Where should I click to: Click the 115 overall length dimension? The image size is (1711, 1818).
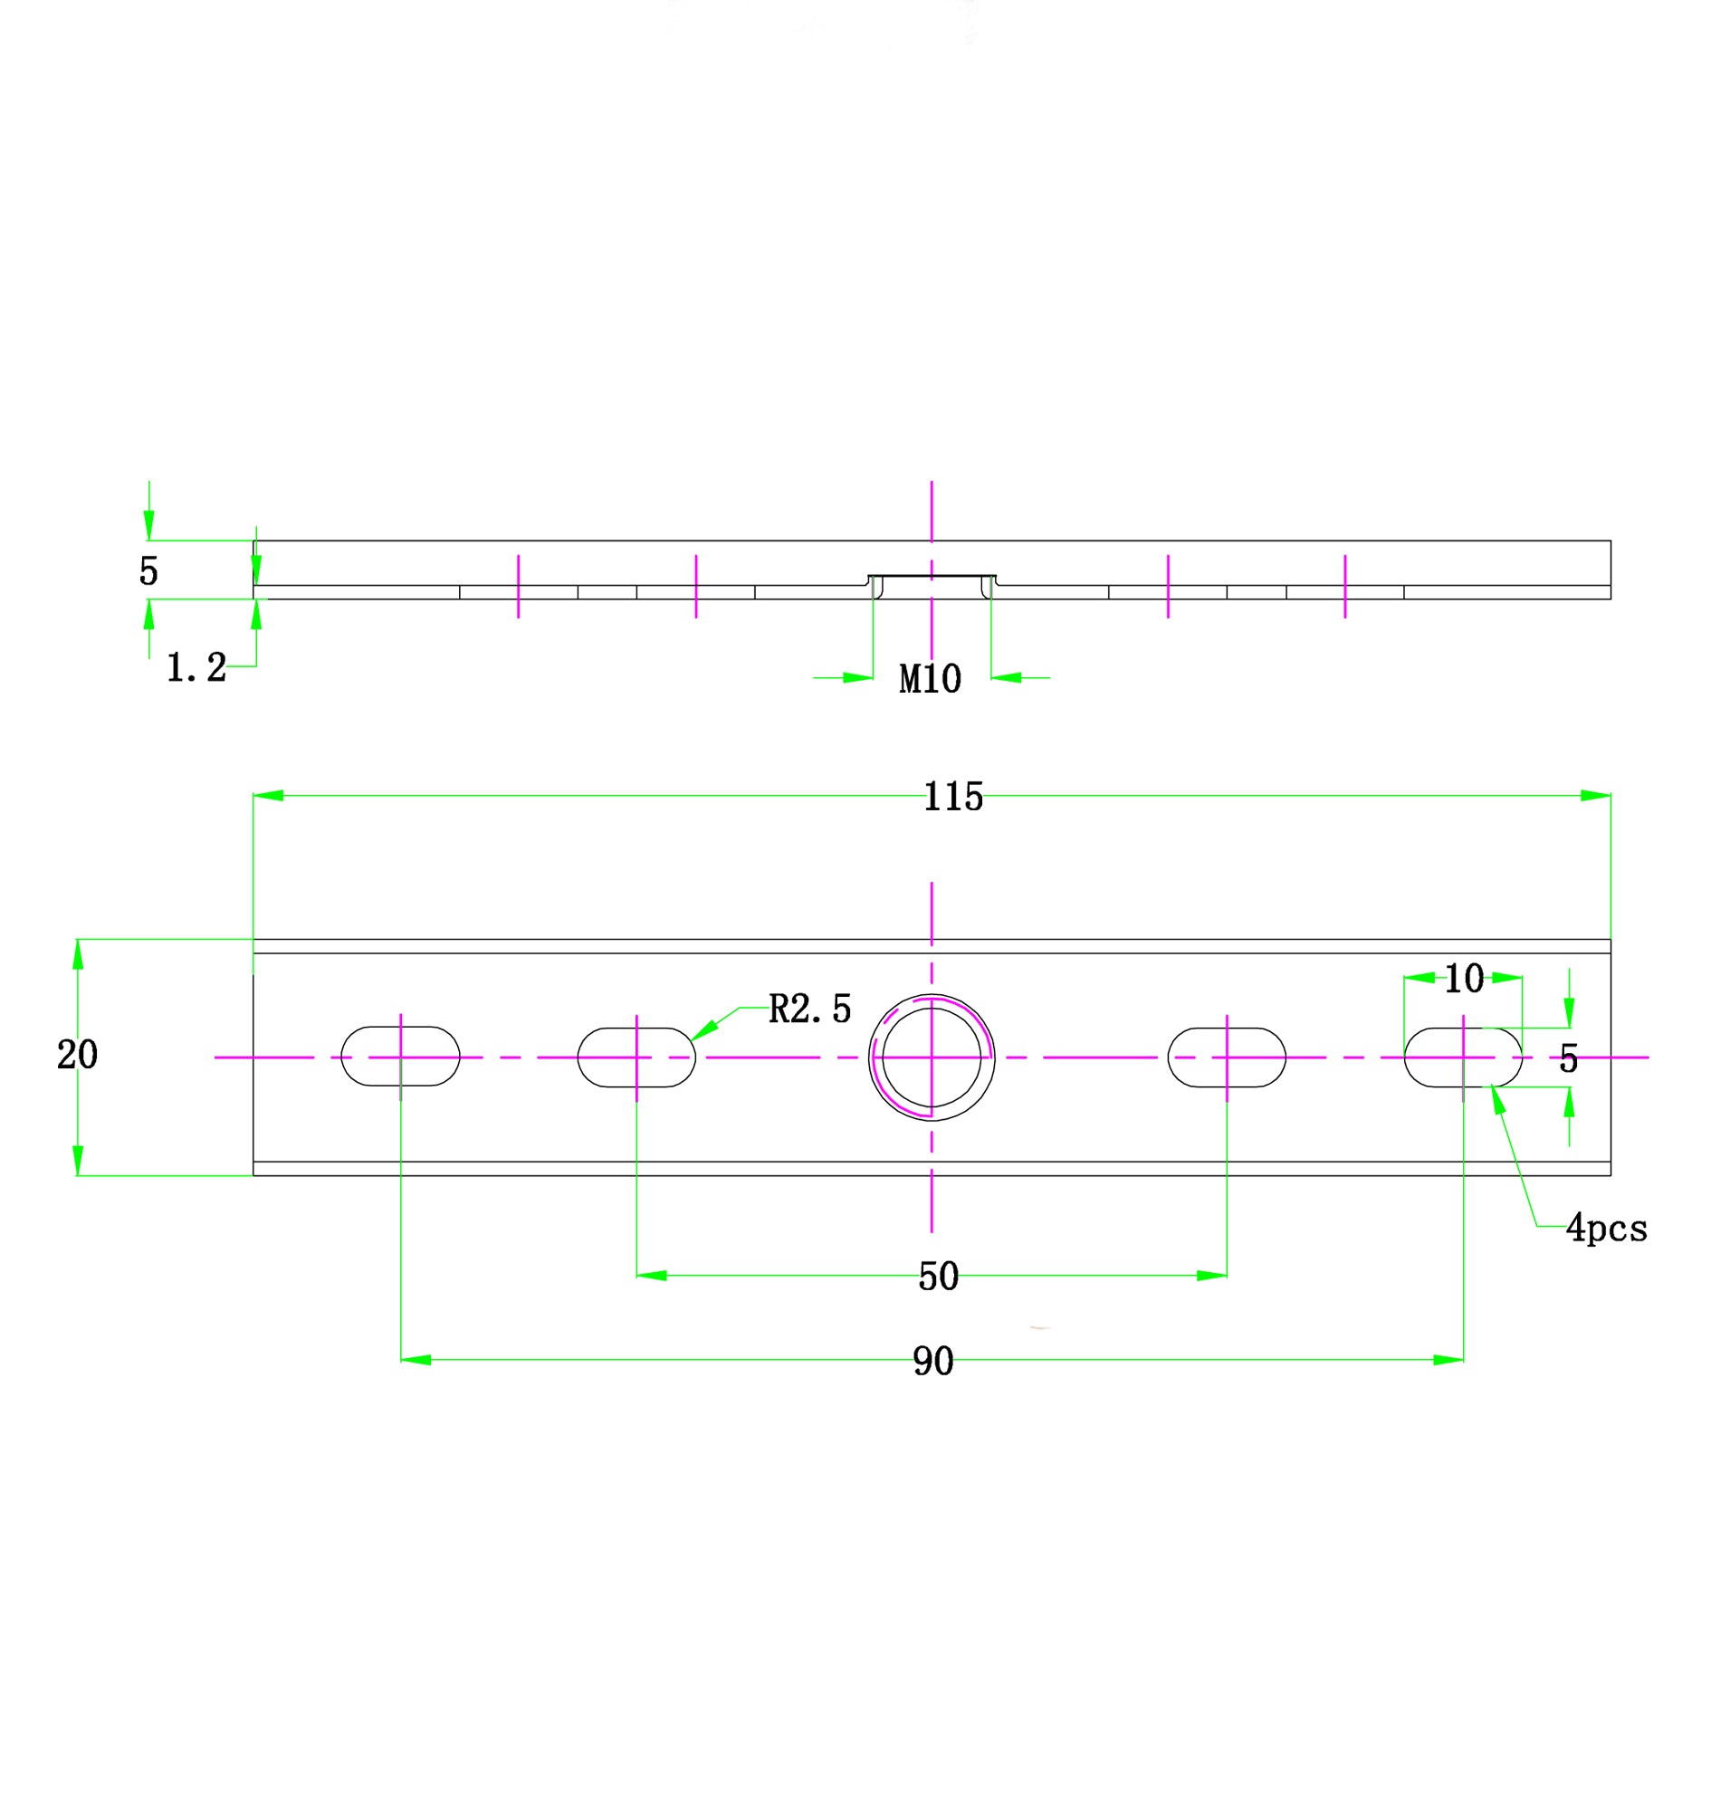click(x=953, y=797)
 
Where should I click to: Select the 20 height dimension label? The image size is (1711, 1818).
click(x=77, y=1056)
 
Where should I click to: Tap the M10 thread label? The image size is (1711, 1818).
click(x=930, y=679)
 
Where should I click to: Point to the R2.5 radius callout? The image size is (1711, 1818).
click(x=809, y=1009)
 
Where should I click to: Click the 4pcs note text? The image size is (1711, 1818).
click(x=1606, y=1229)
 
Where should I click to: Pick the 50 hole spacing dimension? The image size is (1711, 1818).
click(x=938, y=1277)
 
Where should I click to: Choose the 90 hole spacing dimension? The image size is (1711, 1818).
click(x=932, y=1362)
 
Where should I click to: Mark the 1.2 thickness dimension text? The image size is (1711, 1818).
click(x=196, y=667)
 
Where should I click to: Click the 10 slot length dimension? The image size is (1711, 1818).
click(x=1463, y=980)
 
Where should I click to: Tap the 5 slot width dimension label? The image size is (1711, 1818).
click(x=1568, y=1060)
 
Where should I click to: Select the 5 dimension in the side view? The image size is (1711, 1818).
click(x=148, y=571)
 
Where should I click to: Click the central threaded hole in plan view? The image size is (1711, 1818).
click(x=931, y=1057)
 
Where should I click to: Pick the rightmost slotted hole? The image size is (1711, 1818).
click(x=1462, y=1057)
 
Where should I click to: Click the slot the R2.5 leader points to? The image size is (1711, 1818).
click(x=636, y=1057)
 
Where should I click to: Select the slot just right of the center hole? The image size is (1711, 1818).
click(x=1227, y=1057)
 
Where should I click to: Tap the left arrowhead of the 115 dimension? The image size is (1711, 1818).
click(x=269, y=796)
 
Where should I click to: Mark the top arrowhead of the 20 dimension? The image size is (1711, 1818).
click(x=78, y=953)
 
